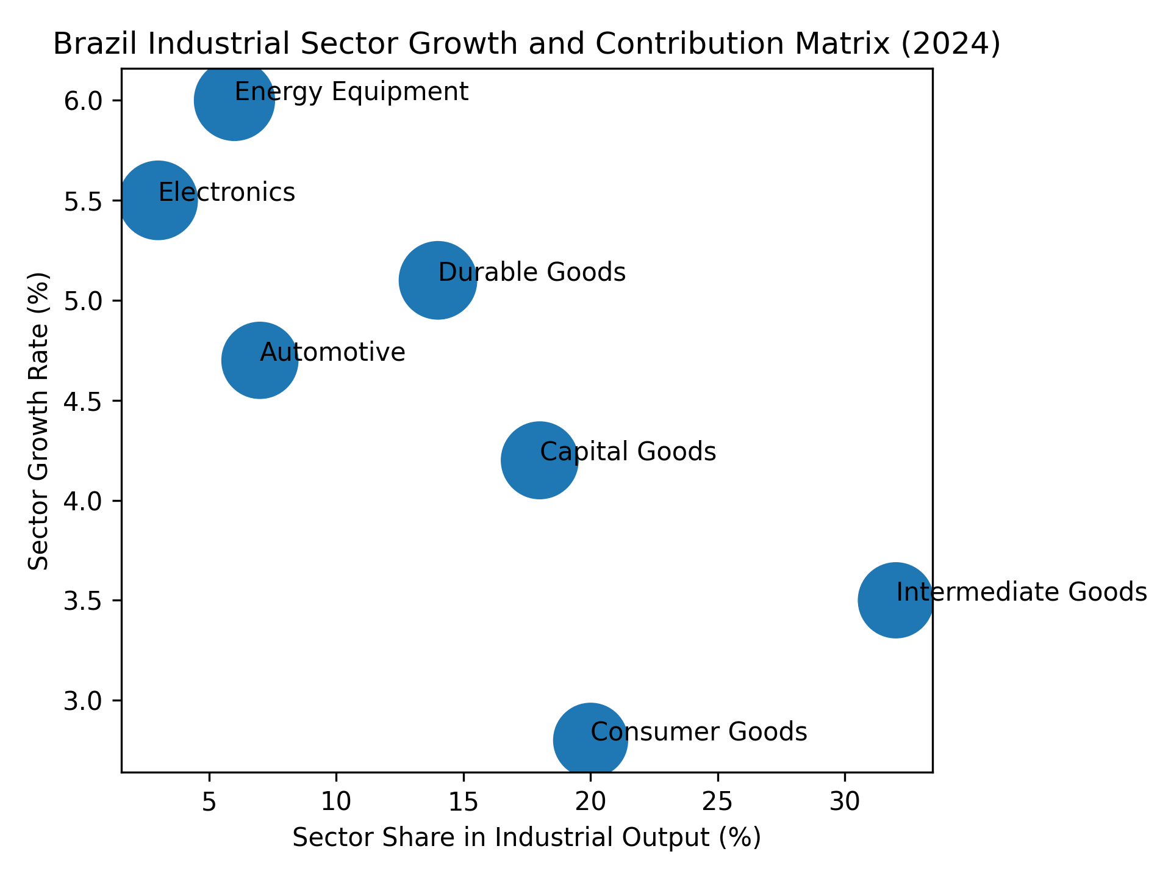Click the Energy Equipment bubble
click(234, 101)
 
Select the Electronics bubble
click(158, 201)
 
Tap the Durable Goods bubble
click(438, 280)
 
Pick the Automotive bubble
click(260, 360)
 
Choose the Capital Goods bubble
click(540, 460)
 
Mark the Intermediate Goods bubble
click(895, 600)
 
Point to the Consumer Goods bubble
click(590, 740)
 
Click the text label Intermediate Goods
click(1022, 592)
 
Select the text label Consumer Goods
click(699, 732)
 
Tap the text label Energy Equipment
click(351, 92)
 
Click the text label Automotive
click(332, 352)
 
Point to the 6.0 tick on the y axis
click(116, 101)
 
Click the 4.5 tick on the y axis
click(116, 401)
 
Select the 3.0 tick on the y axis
click(116, 700)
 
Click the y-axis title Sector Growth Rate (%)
click(38, 421)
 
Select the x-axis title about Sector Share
click(527, 837)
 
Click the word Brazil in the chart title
click(85, 44)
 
